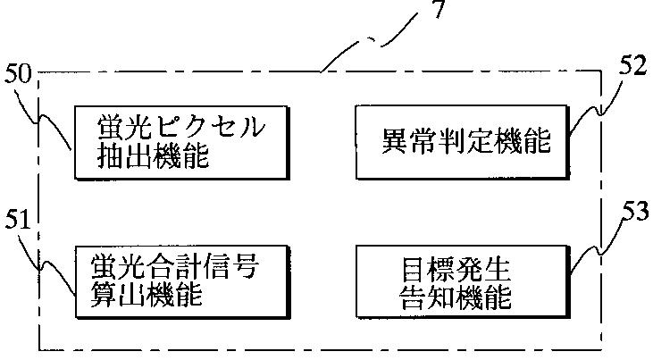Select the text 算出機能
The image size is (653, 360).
(x=153, y=296)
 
